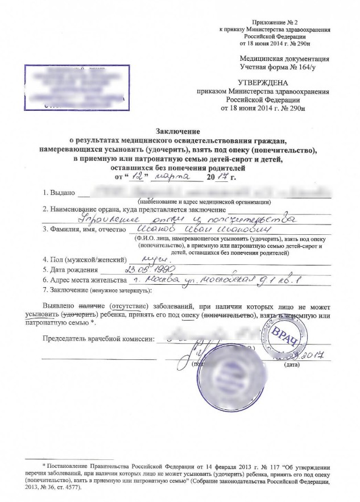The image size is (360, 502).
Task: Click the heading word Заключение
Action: pos(179,131)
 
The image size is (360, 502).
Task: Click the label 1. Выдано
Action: pos(59,193)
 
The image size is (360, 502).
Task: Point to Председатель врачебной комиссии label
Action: pos(99,339)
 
